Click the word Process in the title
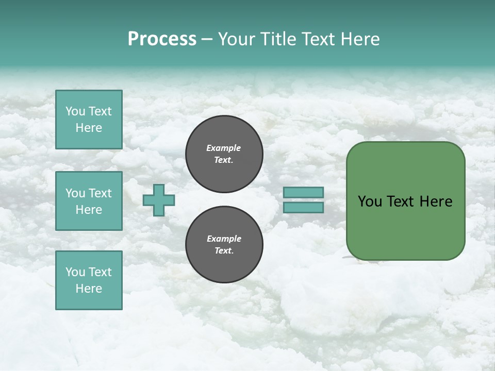click(x=162, y=39)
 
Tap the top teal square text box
click(x=89, y=120)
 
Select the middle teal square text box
click(x=89, y=201)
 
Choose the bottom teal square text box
click(x=89, y=280)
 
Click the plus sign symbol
click(x=159, y=200)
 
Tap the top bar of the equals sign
click(x=303, y=192)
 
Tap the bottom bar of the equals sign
click(x=303, y=208)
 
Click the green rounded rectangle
click(x=405, y=227)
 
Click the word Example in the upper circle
click(x=224, y=148)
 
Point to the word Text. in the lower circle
click(x=224, y=251)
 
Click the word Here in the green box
click(x=436, y=201)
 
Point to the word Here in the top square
click(x=89, y=128)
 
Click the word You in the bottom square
click(x=75, y=272)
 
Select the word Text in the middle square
click(x=100, y=193)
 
